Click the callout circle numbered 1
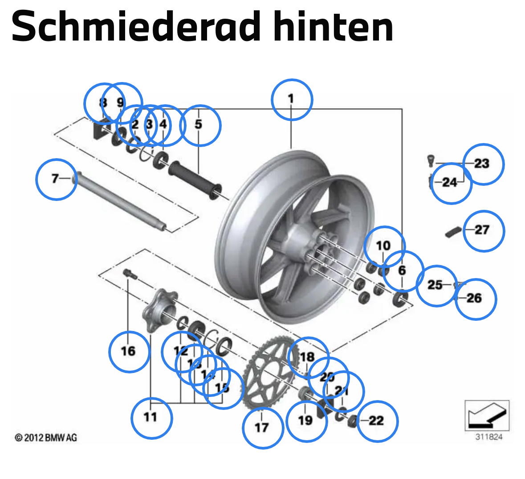(292, 100)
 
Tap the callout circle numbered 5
(200, 125)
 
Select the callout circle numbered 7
(56, 180)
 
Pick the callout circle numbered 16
(129, 352)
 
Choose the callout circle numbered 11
(151, 418)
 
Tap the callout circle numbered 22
(377, 421)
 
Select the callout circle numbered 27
(484, 231)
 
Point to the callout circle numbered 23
(483, 164)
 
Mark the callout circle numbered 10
(384, 246)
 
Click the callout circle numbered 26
(475, 299)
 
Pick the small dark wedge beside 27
(453, 232)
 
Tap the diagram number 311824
(488, 437)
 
